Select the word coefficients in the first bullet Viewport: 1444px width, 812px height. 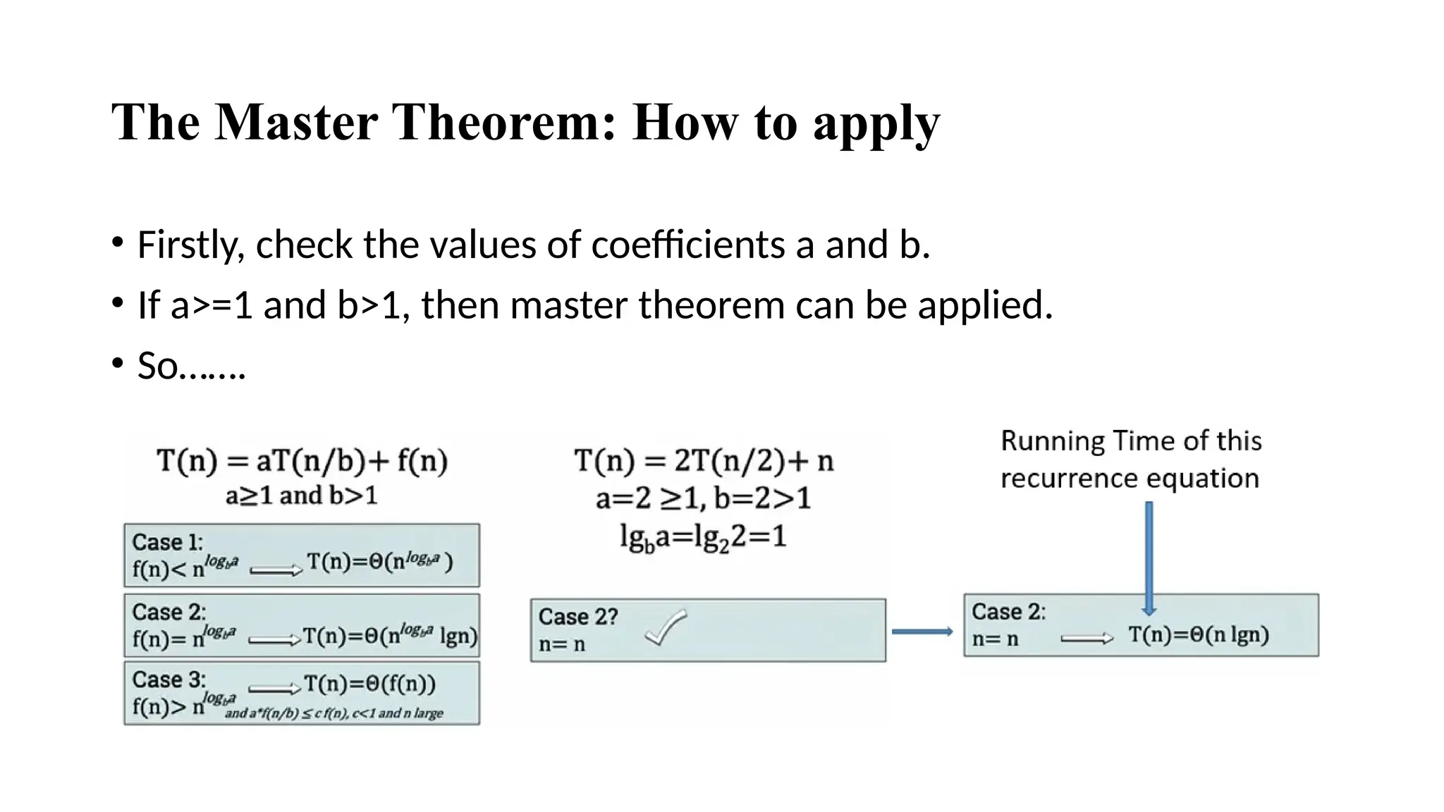coord(687,245)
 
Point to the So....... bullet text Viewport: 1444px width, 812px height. coord(191,366)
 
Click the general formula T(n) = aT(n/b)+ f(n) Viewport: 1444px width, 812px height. coord(302,462)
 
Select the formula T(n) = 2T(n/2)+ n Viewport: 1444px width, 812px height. coord(704,462)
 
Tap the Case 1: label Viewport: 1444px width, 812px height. coord(167,542)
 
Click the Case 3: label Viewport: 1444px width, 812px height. coord(169,679)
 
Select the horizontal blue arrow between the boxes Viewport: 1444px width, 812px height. coord(922,632)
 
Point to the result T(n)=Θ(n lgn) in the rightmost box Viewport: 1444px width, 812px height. coord(1198,635)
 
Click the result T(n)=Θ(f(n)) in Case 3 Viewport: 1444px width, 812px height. coord(369,684)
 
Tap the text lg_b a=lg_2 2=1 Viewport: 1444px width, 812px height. coord(703,537)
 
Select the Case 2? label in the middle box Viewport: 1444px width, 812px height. coord(577,617)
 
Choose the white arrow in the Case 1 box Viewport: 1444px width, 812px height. coord(275,571)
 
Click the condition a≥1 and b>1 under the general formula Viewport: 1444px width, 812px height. coord(302,496)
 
